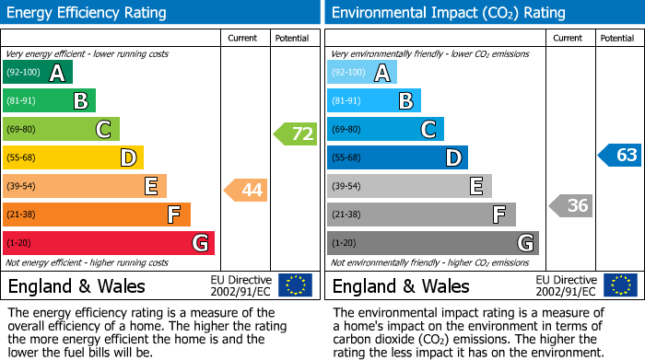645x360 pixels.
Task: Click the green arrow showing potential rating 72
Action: point(296,134)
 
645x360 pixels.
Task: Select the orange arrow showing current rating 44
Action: point(246,191)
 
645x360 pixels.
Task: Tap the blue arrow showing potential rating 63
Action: point(620,155)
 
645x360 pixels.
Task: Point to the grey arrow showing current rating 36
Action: point(570,205)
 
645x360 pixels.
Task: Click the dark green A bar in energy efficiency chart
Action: point(38,73)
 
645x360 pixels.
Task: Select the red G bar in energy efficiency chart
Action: point(109,243)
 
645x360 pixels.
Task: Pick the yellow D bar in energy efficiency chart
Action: point(73,158)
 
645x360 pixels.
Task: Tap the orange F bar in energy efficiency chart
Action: point(97,215)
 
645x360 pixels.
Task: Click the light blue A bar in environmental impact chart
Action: point(362,73)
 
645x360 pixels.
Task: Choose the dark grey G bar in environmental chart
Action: point(433,243)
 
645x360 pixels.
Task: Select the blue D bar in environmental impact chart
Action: point(397,158)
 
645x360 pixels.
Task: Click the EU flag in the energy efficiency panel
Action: point(295,285)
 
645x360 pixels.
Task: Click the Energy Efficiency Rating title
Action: point(87,13)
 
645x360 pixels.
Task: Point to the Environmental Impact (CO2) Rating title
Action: point(448,13)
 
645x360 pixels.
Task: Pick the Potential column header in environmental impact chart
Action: point(617,39)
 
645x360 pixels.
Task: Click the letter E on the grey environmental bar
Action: point(475,187)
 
